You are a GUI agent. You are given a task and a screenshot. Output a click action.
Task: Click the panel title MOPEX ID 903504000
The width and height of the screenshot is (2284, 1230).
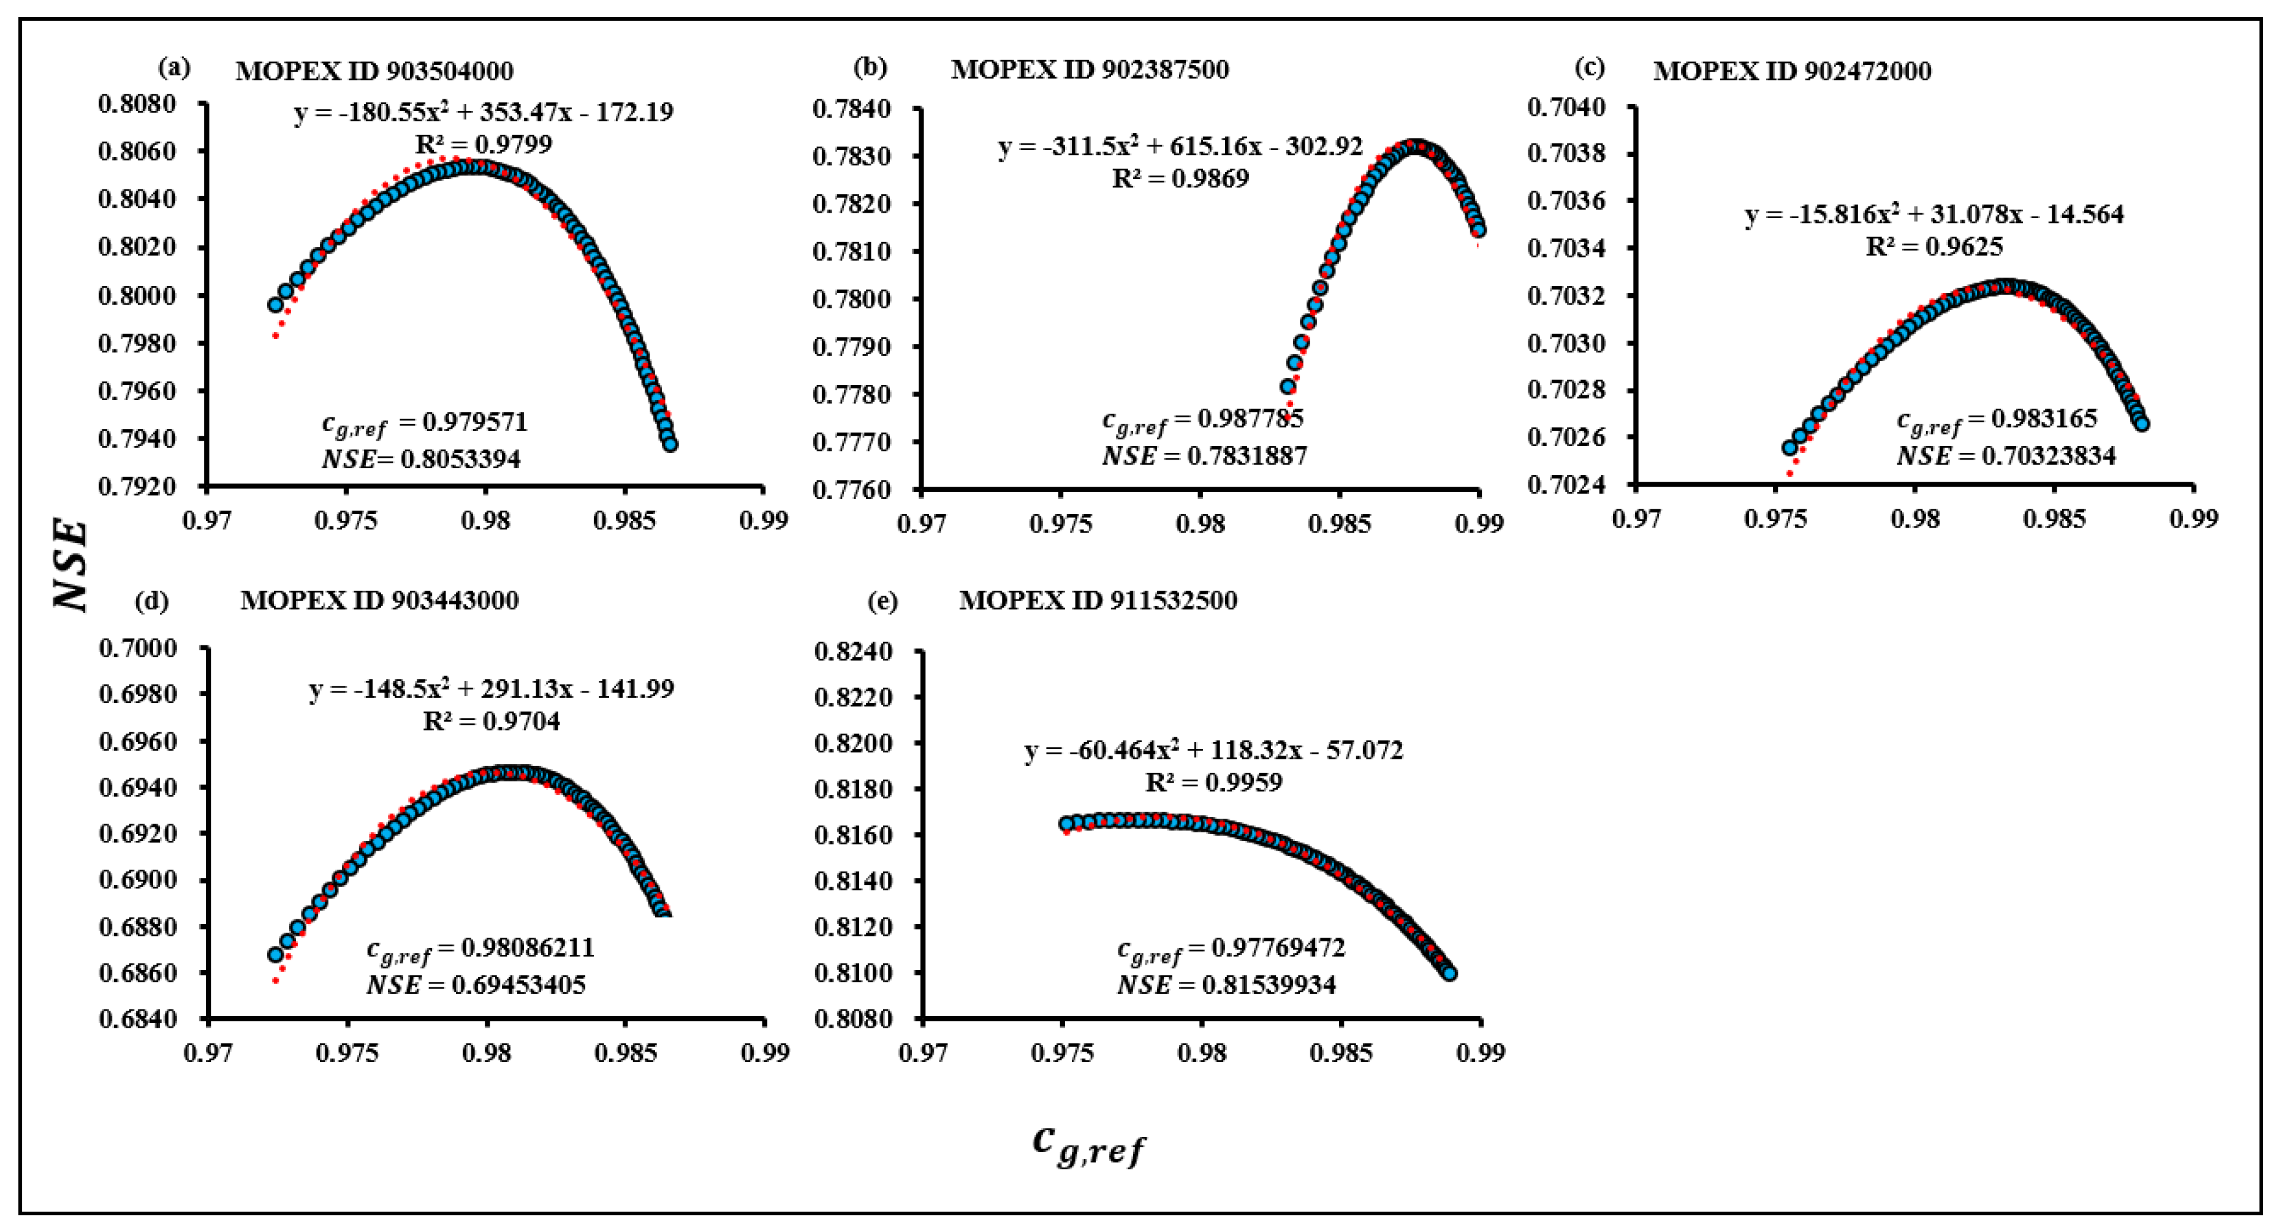pos(374,71)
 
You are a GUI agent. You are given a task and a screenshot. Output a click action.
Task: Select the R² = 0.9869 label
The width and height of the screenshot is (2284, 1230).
pos(1180,178)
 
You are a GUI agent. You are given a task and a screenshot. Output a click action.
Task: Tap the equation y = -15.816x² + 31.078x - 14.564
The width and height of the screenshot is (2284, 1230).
pos(1934,214)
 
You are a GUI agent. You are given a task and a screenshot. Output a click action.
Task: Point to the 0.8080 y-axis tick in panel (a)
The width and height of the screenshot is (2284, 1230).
pos(137,104)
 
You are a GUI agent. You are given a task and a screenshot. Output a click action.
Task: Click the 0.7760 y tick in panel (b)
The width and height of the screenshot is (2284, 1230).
pos(851,490)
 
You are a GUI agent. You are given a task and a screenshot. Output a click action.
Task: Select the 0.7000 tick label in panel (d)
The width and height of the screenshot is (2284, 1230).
pos(137,648)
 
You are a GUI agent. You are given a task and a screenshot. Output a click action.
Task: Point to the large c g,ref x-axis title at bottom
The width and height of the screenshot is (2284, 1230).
pos(1089,1144)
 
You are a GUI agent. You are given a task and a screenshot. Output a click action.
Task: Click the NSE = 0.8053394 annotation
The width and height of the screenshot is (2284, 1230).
pos(420,458)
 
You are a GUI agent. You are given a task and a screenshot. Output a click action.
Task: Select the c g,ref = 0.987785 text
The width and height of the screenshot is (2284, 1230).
pos(1203,420)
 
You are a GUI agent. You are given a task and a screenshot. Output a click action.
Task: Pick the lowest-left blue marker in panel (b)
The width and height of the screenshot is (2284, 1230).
pos(1288,387)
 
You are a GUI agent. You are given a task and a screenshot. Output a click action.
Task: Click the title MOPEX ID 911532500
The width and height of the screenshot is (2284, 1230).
pos(1098,601)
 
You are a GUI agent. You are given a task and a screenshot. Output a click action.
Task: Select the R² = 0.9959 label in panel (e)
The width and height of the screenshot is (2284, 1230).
pos(1213,782)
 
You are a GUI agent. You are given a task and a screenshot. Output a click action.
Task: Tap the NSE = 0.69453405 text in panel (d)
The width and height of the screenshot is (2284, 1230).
pos(476,984)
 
